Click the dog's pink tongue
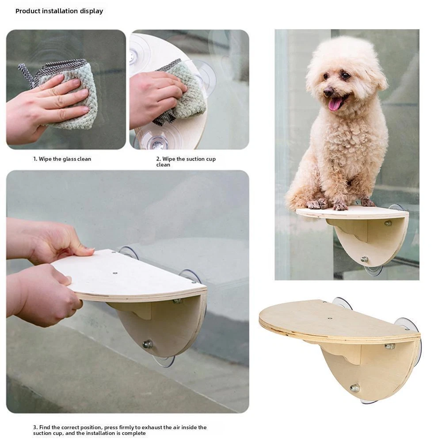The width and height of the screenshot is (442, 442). tap(335, 104)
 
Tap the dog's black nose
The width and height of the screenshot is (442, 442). tap(328, 91)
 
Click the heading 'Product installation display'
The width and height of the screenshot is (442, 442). tap(59, 11)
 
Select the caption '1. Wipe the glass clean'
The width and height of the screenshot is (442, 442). tap(62, 159)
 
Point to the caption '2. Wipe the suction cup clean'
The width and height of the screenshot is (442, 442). tap(186, 162)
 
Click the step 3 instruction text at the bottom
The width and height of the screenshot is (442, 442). tap(120, 430)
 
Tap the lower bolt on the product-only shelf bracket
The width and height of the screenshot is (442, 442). tap(354, 388)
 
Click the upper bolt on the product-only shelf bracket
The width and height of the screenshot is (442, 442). tap(389, 346)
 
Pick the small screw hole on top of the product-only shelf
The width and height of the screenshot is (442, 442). tap(330, 318)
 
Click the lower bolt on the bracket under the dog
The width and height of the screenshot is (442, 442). tap(364, 259)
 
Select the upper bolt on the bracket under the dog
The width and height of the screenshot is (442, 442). tap(388, 223)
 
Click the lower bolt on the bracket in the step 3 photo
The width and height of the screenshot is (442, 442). tap(147, 344)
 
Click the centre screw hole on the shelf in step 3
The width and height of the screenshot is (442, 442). tap(115, 273)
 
